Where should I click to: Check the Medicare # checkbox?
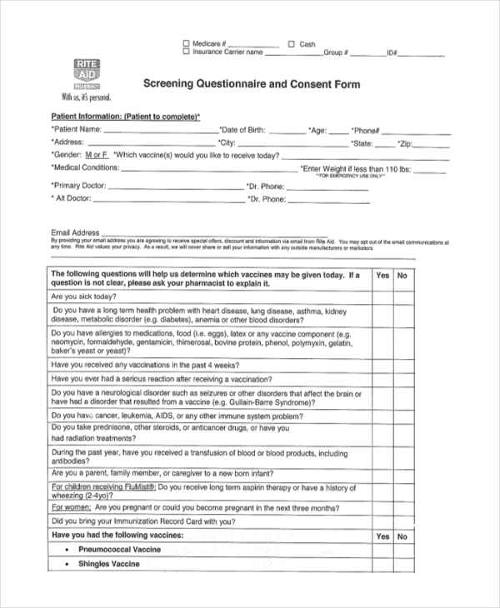click(186, 43)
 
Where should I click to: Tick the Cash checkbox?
click(292, 43)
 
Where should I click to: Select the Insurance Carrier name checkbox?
click(186, 52)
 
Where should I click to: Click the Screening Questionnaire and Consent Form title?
click(252, 84)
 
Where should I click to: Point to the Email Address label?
click(75, 232)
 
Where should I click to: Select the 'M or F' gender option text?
click(97, 155)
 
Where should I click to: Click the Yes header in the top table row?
click(382, 275)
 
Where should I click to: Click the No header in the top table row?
click(402, 275)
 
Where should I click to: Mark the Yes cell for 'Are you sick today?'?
click(382, 297)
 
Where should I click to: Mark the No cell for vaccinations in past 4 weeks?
click(402, 365)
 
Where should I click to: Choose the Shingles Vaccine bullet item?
click(109, 565)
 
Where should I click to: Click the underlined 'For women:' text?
click(71, 507)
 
